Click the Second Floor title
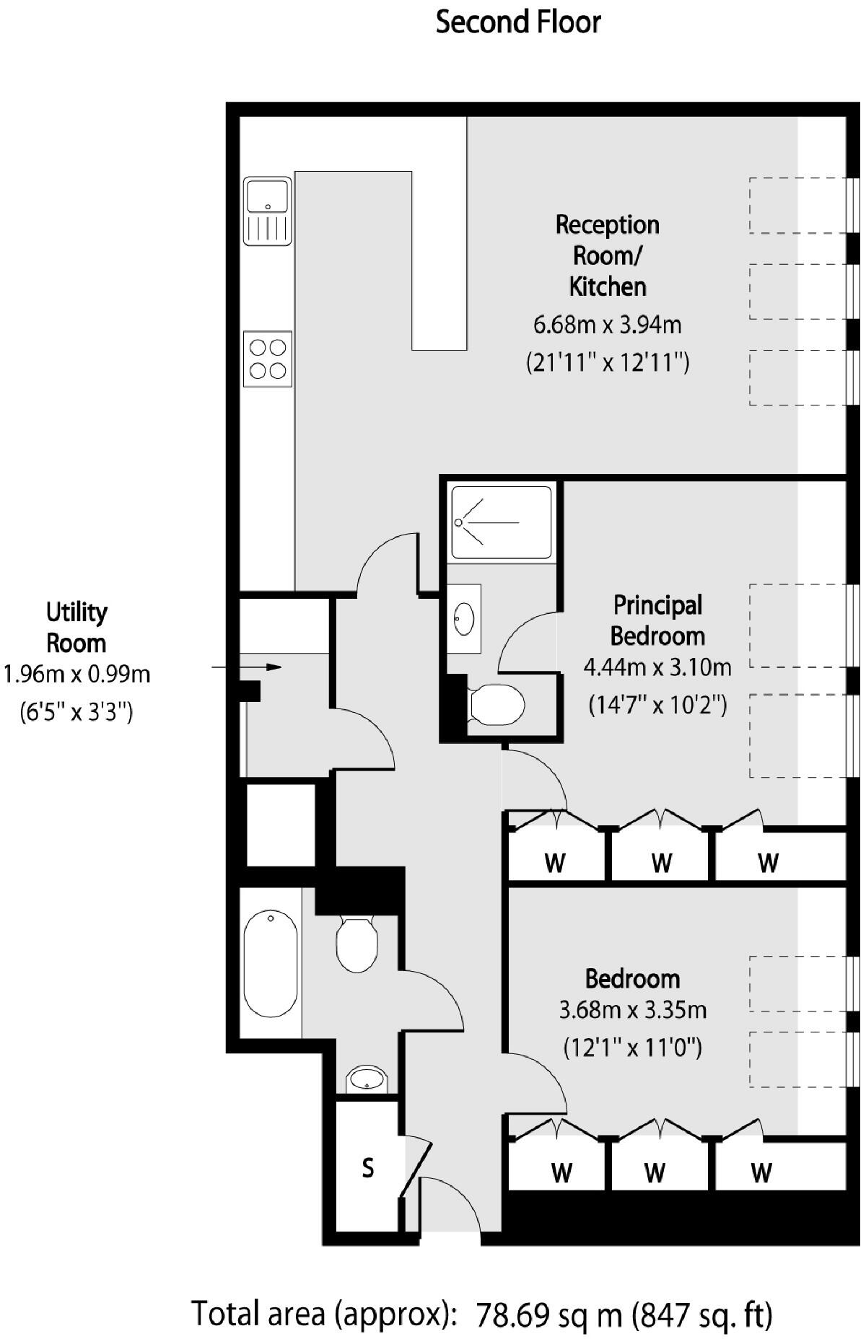[518, 23]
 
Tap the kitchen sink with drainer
[268, 211]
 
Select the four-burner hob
[268, 359]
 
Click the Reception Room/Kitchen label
[608, 255]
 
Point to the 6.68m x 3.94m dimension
[608, 325]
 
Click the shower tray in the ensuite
[501, 522]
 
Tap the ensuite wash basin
[463, 619]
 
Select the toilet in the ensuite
[497, 704]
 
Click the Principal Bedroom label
[657, 620]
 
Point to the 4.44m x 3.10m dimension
[657, 667]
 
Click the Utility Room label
[76, 628]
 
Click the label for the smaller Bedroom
[633, 979]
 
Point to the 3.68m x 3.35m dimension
[633, 1010]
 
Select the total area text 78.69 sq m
[548, 1314]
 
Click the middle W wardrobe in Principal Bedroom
[661, 863]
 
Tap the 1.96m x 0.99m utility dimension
[76, 675]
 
